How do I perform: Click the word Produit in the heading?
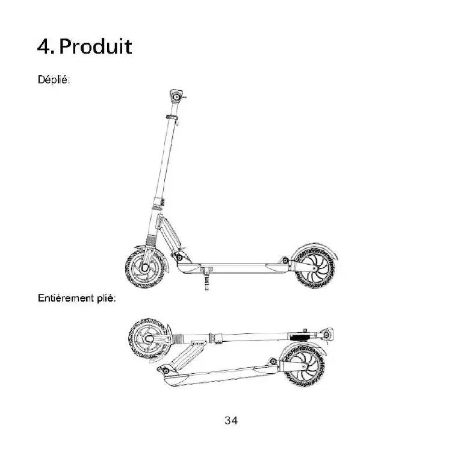[x=96, y=46]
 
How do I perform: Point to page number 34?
[x=230, y=420]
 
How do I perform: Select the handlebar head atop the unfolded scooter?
[x=176, y=96]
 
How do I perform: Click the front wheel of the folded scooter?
[x=147, y=339]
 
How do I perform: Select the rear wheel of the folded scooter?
[x=302, y=365]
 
